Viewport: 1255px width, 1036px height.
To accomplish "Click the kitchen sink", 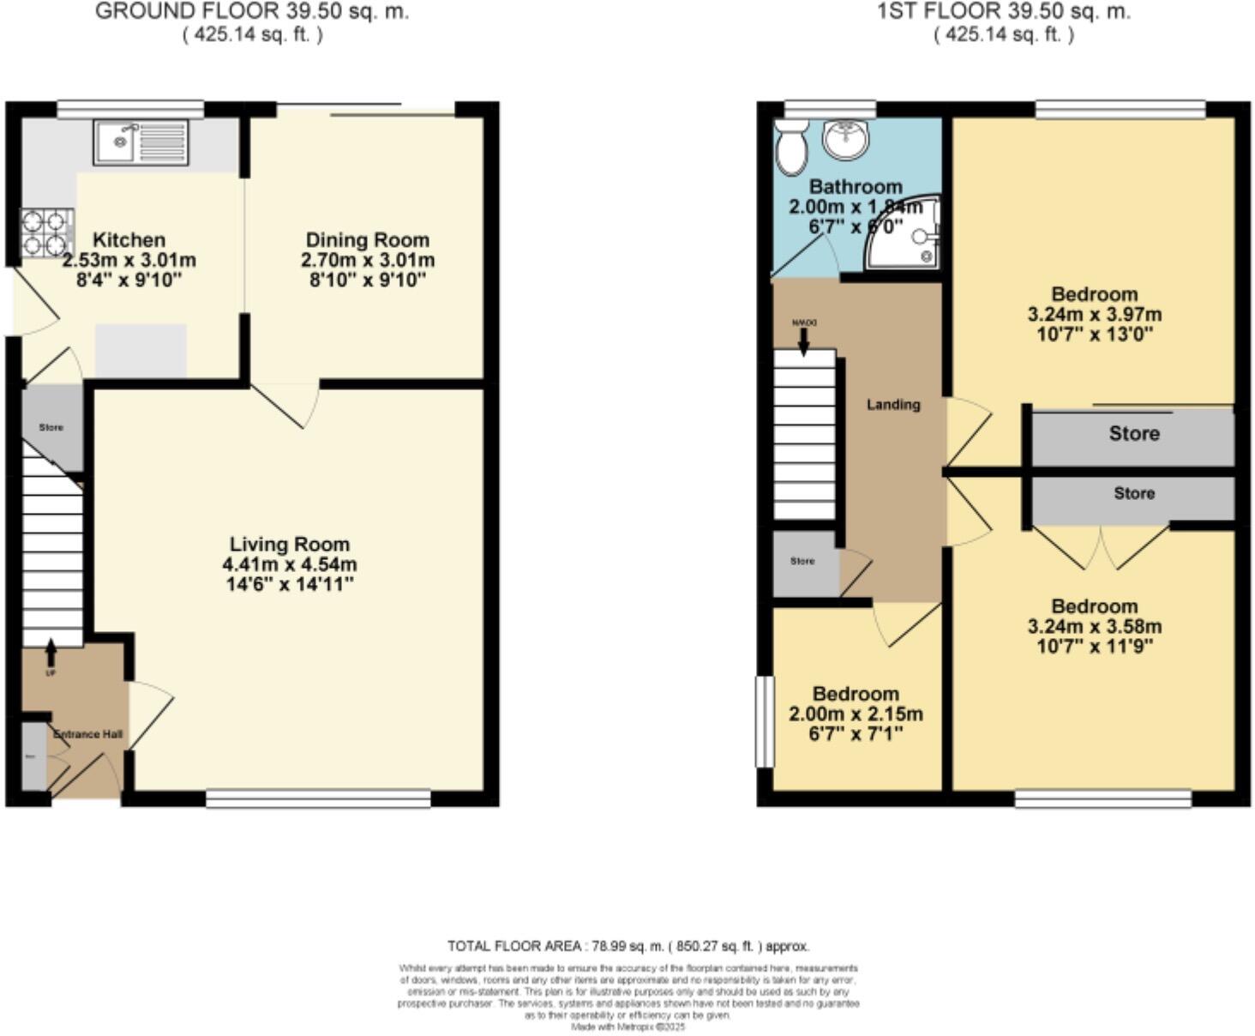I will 141,142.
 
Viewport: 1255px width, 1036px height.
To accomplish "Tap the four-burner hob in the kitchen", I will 46,233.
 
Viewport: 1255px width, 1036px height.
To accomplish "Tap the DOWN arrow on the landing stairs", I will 803,340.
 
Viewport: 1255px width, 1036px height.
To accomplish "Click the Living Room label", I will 289,545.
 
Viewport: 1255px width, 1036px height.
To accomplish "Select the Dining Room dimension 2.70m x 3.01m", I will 367,260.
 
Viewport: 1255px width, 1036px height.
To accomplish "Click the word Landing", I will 892,405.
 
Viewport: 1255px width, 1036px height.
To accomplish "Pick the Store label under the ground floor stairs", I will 51,427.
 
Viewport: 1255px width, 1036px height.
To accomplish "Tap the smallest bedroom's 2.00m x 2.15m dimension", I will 856,714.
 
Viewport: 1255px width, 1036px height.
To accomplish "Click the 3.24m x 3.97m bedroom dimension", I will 1094,314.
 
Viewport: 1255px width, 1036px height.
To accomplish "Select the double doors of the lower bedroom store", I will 1100,547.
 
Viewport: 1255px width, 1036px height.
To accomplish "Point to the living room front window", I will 318,798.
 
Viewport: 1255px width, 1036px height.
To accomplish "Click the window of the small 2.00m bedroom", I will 764,721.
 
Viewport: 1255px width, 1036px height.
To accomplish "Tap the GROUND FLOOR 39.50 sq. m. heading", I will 251,12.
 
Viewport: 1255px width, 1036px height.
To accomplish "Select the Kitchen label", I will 129,240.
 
